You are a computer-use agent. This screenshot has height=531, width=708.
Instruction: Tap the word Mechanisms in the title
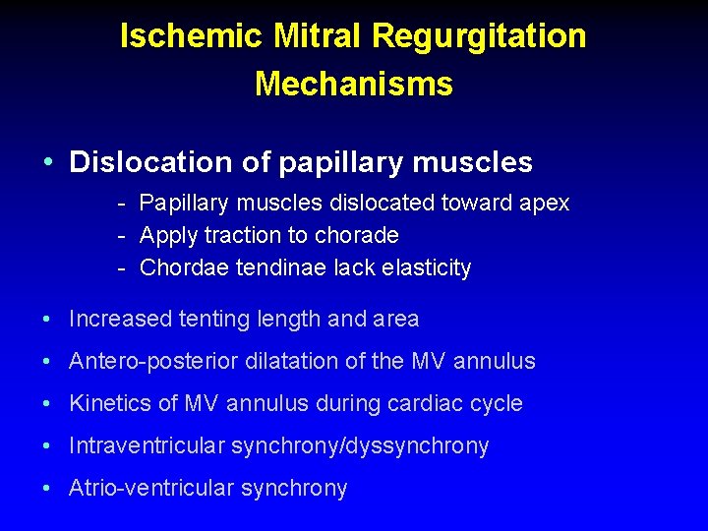point(354,84)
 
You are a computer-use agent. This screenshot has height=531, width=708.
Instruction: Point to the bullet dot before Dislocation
point(48,162)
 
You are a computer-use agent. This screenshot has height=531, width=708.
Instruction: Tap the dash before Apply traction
point(119,236)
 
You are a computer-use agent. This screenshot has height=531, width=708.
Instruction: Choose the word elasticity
point(424,267)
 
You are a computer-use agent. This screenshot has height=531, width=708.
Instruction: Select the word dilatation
point(295,362)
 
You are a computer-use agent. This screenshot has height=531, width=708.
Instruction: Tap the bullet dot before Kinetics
point(48,404)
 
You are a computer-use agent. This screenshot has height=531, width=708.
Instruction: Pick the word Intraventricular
point(147,446)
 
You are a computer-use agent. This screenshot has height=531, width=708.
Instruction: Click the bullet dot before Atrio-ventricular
point(48,489)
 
